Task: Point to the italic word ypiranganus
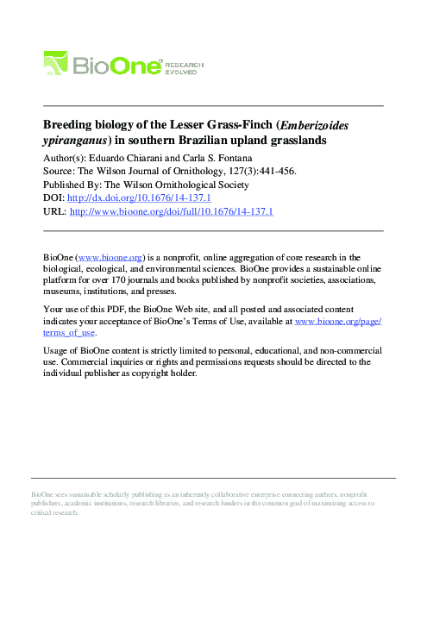point(76,141)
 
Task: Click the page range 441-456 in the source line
point(276,172)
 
